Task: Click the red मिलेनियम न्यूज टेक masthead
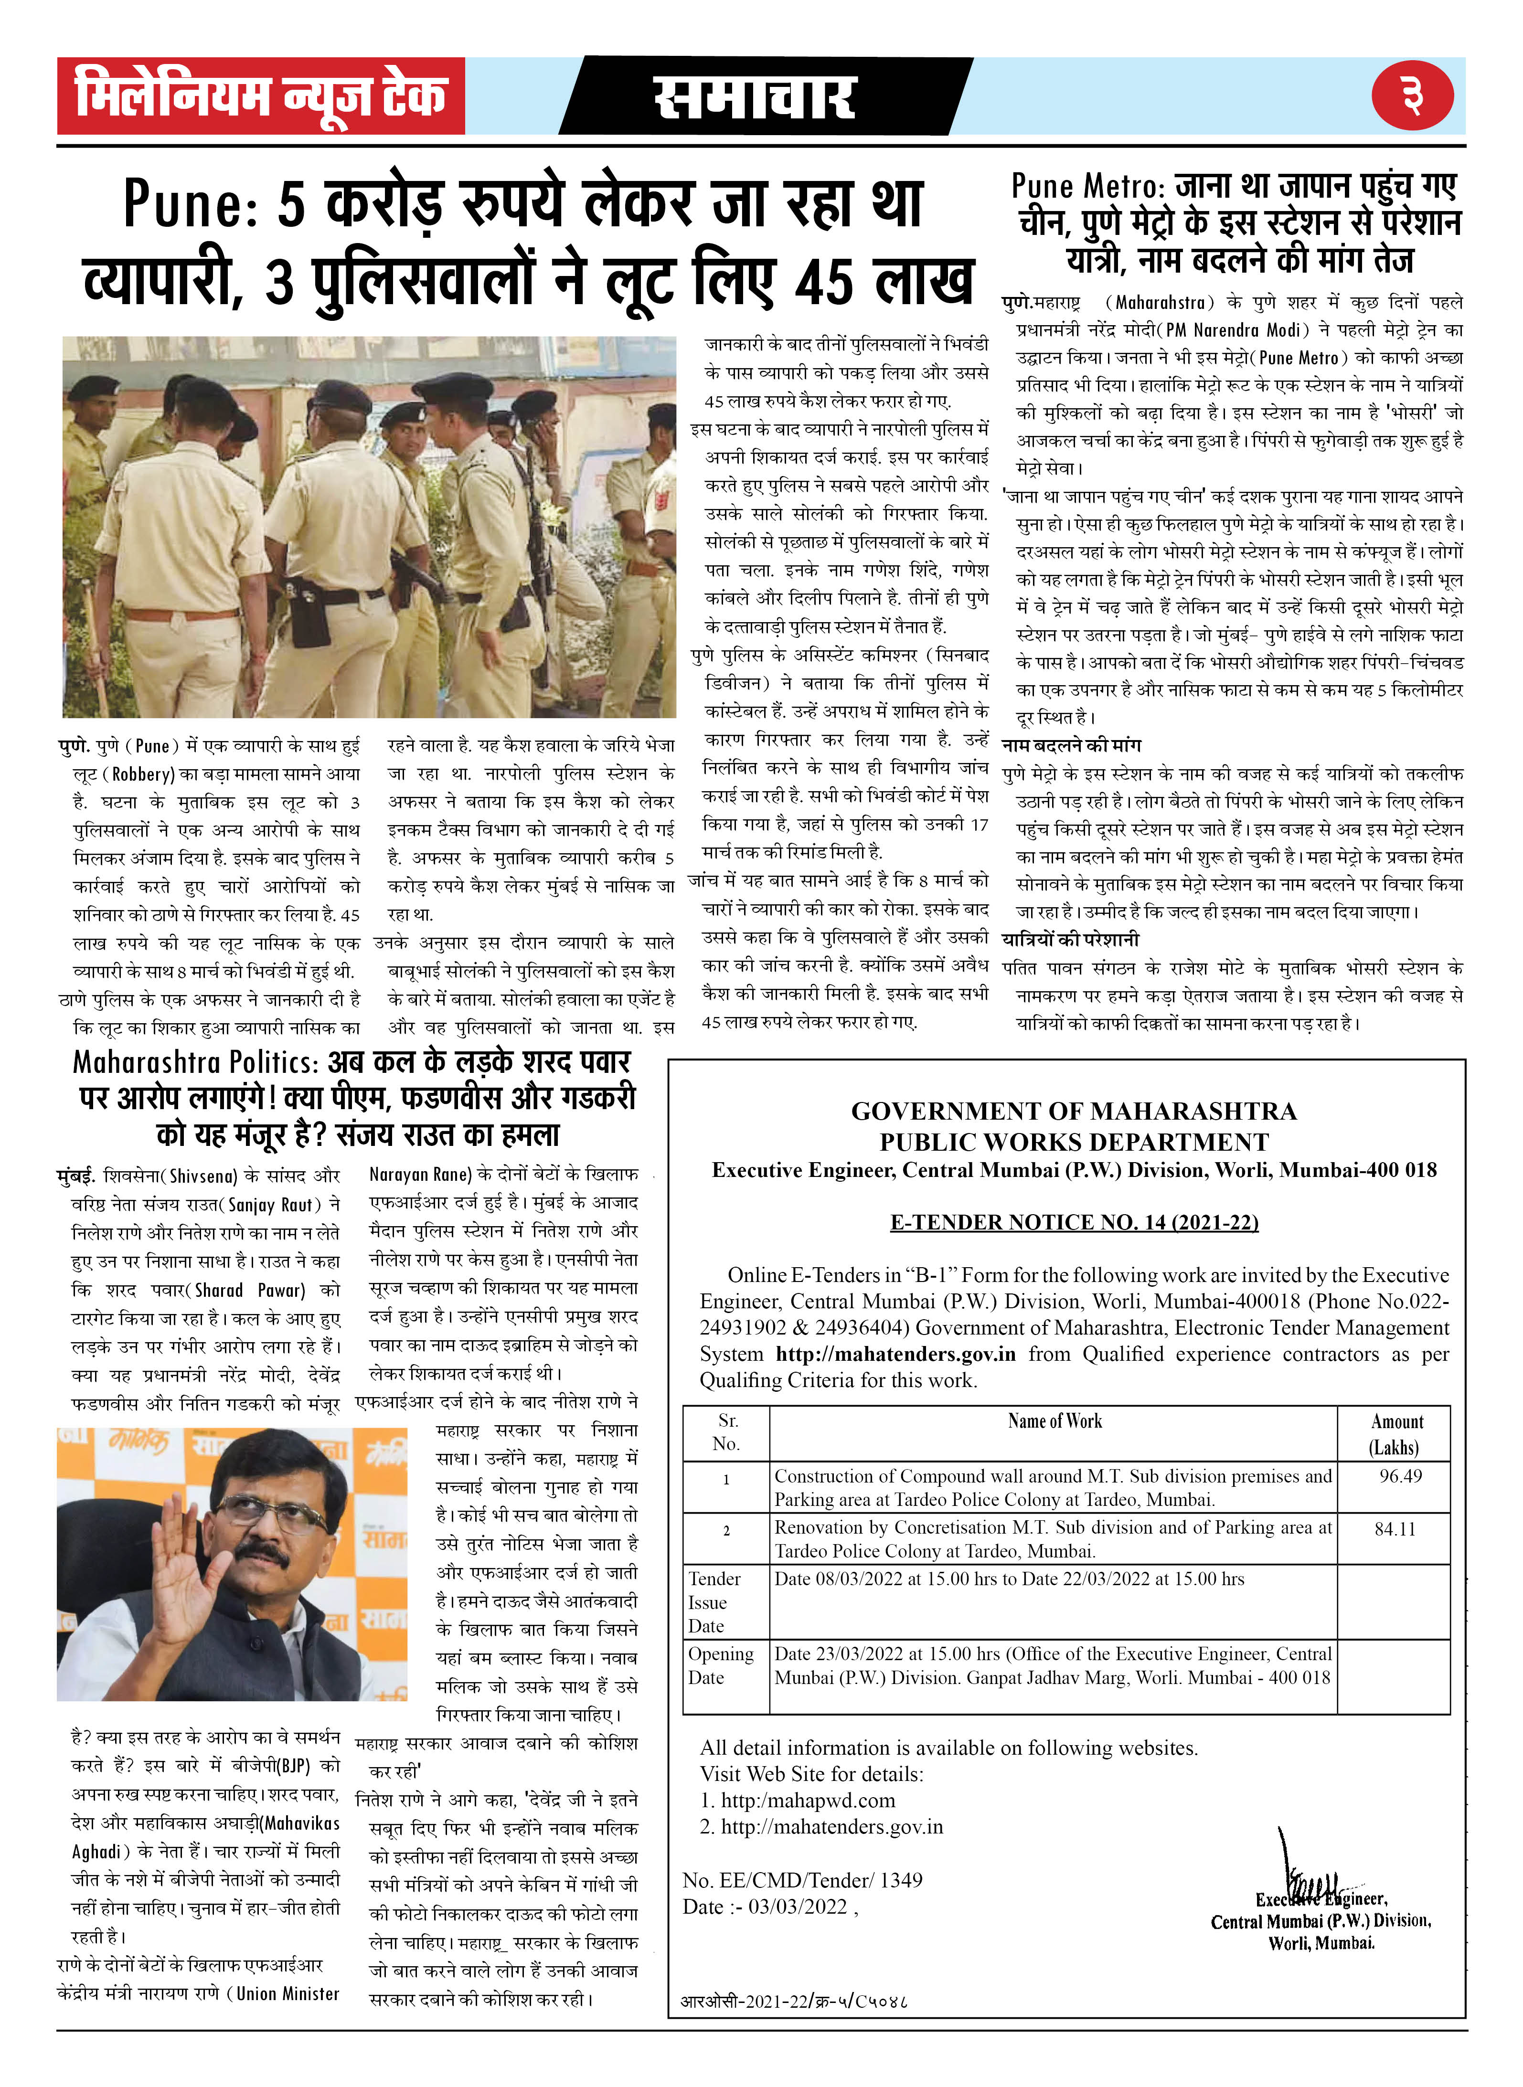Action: point(261,96)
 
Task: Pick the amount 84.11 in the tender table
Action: point(1395,1528)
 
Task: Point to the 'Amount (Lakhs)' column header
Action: point(1397,1434)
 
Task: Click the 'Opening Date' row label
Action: point(720,1665)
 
